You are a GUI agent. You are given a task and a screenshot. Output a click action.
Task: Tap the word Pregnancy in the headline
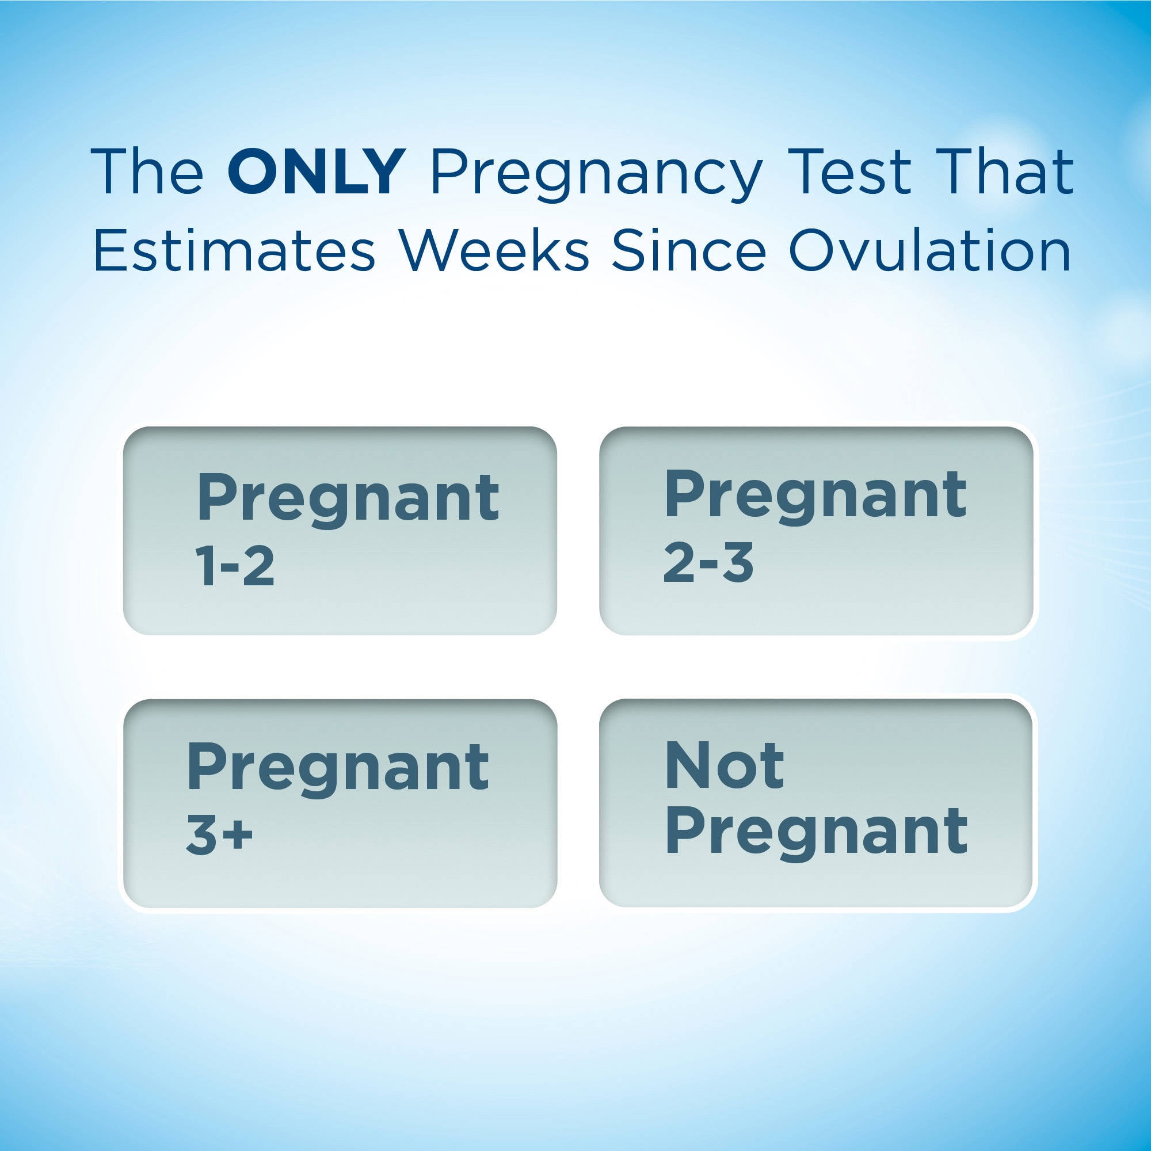[596, 177]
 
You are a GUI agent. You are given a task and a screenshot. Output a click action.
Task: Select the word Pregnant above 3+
[337, 771]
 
